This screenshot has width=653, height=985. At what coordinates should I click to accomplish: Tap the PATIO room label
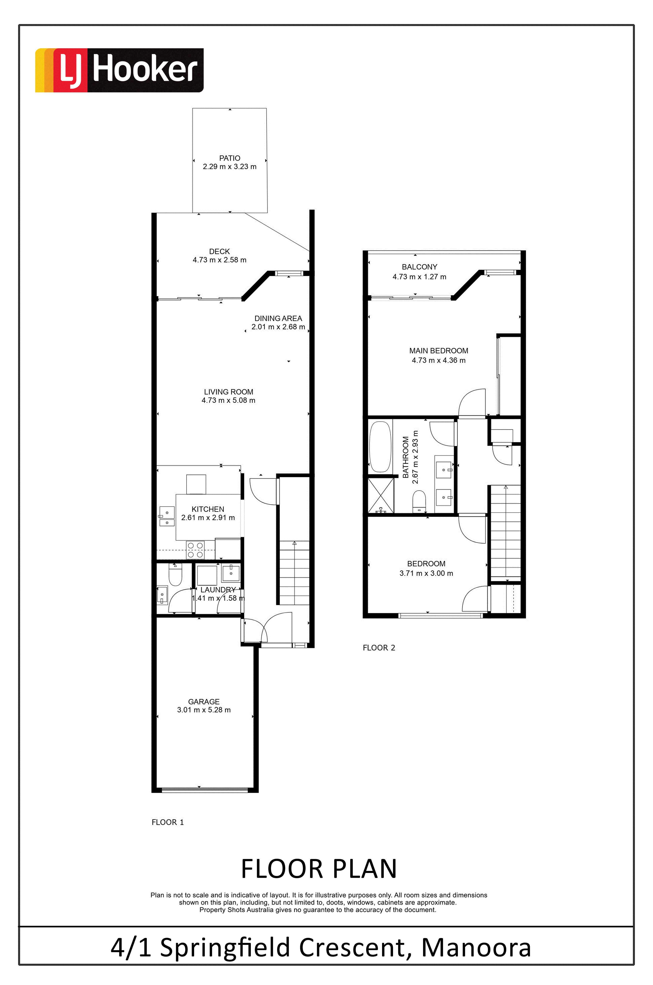coord(230,158)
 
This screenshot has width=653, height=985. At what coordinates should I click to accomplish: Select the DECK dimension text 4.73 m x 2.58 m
coord(219,260)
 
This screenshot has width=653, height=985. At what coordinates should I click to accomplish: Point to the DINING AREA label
coord(278,318)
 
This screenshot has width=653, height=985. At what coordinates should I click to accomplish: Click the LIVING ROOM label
coord(229,392)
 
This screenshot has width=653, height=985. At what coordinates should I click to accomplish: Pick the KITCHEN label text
coord(208,509)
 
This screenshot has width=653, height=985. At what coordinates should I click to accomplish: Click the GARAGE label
coord(204,701)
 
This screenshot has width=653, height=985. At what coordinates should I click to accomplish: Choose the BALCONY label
coord(419,267)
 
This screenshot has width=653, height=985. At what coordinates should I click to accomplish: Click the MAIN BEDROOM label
coord(439,351)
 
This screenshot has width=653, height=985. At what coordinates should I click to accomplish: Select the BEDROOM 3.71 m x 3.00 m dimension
coord(426,573)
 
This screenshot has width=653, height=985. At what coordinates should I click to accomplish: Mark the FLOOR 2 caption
coord(379,648)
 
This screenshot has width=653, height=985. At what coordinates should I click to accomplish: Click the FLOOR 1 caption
coord(167,822)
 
